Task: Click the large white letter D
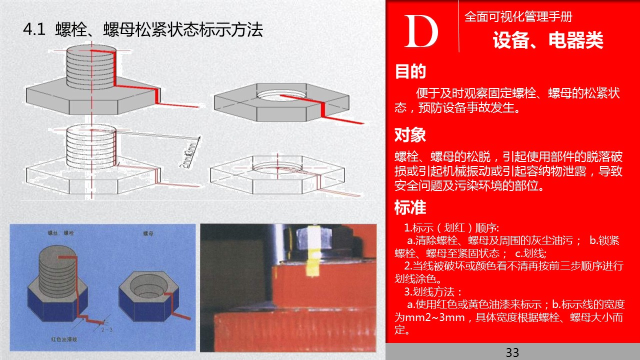click(x=421, y=31)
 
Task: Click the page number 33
click(x=512, y=352)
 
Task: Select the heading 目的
click(x=410, y=72)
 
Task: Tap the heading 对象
click(x=410, y=135)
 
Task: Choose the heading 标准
click(x=410, y=207)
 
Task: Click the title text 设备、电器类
click(x=548, y=40)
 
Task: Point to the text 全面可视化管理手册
click(x=518, y=16)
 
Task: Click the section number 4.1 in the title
click(x=34, y=30)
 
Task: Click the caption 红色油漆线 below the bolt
click(x=65, y=339)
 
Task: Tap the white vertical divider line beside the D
click(x=458, y=26)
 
